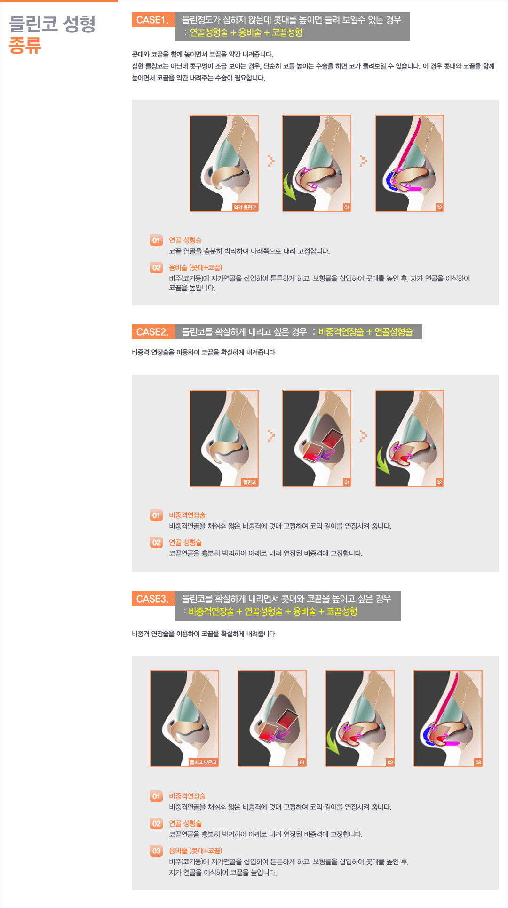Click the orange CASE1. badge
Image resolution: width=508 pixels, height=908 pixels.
pyautogui.click(x=153, y=20)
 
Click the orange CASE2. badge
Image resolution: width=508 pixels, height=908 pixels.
pyautogui.click(x=153, y=332)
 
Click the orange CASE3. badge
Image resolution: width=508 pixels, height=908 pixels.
pyautogui.click(x=153, y=599)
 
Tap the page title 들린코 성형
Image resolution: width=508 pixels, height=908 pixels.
pyautogui.click(x=52, y=24)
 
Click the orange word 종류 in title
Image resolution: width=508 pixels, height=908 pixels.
pyautogui.click(x=25, y=46)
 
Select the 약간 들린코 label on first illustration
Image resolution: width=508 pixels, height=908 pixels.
pyautogui.click(x=245, y=207)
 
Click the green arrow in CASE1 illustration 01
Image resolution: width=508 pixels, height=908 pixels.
pyautogui.click(x=289, y=186)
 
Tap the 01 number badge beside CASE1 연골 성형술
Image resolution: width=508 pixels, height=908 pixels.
pyautogui.click(x=156, y=241)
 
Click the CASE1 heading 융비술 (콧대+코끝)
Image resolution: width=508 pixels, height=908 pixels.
pyautogui.click(x=196, y=267)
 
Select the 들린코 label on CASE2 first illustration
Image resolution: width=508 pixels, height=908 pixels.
pyautogui.click(x=249, y=482)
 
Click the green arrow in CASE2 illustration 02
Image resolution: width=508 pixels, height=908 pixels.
pyautogui.click(x=383, y=461)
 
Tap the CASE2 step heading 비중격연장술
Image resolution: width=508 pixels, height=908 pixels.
pyautogui.click(x=187, y=515)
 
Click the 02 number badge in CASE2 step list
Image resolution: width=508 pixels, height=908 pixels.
pyautogui.click(x=156, y=543)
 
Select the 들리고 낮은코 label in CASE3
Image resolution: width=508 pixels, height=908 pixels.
pyautogui.click(x=203, y=762)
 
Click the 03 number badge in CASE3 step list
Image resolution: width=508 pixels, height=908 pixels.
pyautogui.click(x=156, y=851)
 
